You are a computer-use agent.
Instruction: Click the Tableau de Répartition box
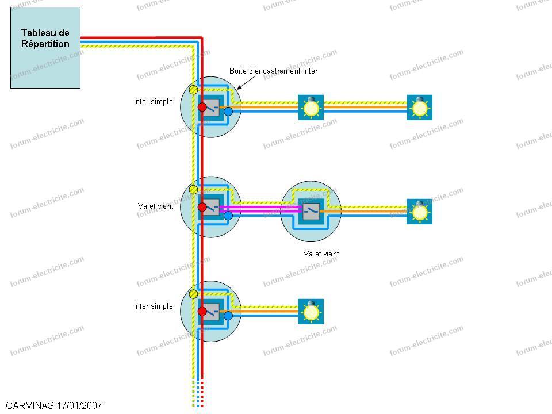45,48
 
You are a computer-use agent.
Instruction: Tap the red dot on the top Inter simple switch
202,107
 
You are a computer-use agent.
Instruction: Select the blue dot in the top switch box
228,112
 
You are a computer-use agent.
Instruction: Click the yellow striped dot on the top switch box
193,90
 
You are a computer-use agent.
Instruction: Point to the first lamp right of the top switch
311,108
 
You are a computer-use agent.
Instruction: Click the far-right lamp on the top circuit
420,108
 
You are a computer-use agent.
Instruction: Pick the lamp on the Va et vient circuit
420,212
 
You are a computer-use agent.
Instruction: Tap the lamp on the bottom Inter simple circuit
311,312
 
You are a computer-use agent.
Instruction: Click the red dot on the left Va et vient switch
202,207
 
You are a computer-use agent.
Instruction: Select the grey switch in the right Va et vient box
311,211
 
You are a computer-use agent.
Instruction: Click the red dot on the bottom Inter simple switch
202,311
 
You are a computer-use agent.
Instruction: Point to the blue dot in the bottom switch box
228,316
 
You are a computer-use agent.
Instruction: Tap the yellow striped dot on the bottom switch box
193,294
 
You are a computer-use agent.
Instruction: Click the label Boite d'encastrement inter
274,71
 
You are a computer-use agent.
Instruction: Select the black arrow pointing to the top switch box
246,83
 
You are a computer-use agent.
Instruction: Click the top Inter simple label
154,102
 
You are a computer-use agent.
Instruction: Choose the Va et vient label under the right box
321,254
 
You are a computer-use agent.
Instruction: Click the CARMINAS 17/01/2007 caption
54,405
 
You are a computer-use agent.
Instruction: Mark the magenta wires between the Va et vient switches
260,209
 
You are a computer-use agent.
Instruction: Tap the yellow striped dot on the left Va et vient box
193,190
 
